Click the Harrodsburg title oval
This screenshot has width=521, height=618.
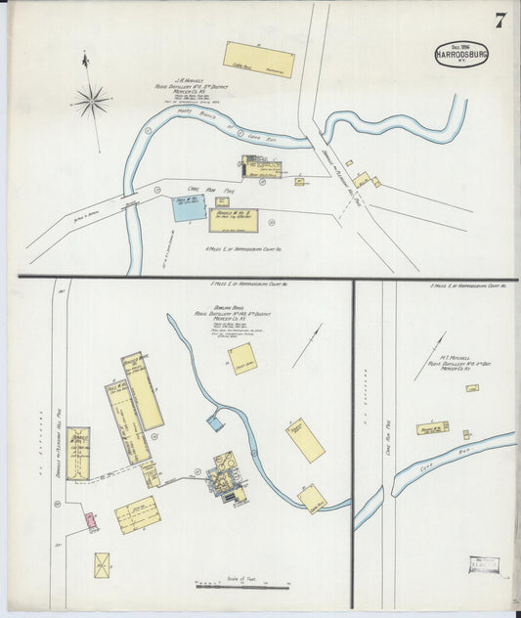coord(461,55)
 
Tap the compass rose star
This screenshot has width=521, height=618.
coord(93,99)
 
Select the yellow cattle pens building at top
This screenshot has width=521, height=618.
coord(259,59)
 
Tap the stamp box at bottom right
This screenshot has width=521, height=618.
coord(483,564)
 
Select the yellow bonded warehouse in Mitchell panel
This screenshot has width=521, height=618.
coord(431,428)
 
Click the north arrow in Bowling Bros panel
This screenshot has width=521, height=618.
coord(309,344)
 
